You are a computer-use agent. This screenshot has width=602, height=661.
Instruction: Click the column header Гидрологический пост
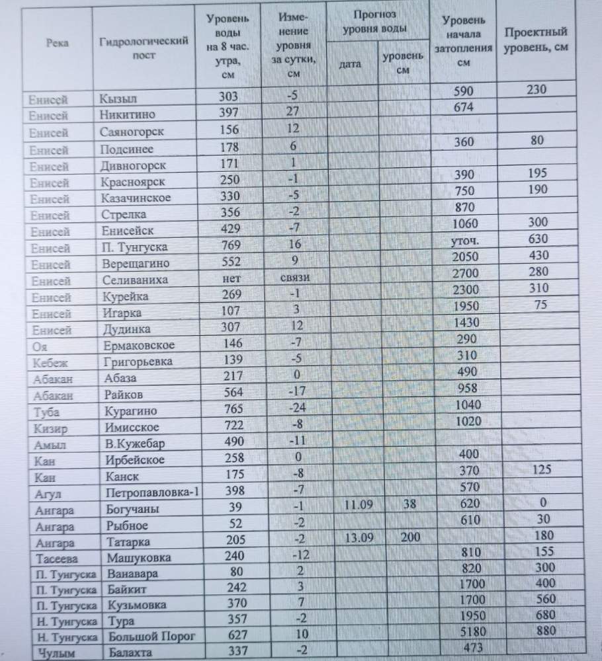point(144,49)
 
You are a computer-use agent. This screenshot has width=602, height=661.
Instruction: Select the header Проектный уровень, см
point(535,40)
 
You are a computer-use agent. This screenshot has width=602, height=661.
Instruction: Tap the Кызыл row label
point(118,99)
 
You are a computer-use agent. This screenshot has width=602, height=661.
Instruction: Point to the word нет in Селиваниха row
point(228,280)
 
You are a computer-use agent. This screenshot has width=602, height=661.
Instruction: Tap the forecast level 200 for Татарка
point(410,537)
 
